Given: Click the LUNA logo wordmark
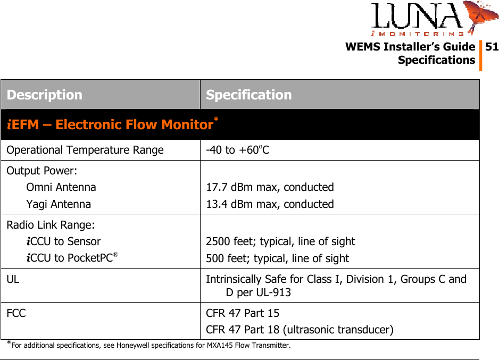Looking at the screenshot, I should [418, 17].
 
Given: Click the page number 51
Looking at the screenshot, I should [492, 47].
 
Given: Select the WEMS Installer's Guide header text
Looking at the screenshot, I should [410, 47].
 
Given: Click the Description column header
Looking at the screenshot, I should [45, 95].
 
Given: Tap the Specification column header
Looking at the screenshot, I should [248, 95].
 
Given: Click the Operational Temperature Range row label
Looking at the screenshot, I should [85, 150].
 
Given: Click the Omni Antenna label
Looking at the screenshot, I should [61, 187].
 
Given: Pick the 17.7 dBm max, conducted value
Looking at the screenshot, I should [270, 187].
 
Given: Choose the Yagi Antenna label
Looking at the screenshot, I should [59, 204].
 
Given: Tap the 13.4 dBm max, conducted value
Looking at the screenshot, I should [270, 204].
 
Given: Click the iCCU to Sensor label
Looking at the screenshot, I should [63, 241].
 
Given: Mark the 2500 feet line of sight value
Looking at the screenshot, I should [280, 241].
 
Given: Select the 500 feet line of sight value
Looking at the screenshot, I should [277, 258].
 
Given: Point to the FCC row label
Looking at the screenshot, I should [16, 313].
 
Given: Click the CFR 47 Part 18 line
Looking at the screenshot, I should [300, 330].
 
